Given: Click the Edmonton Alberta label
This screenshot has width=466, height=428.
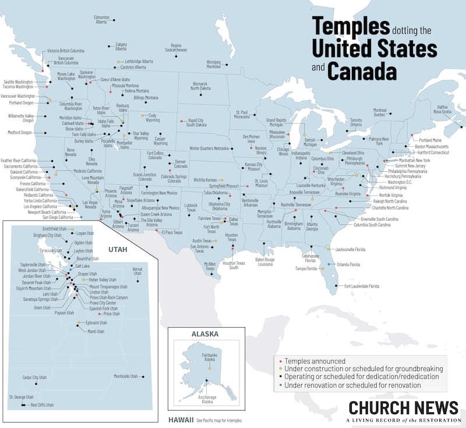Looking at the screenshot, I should pos(102,19).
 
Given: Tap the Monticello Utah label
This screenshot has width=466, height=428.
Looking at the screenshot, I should pos(126,376).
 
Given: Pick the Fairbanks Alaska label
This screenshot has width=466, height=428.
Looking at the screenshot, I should pos(209,357).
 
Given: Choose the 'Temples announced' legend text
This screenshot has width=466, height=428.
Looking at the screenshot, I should pos(315,361).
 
